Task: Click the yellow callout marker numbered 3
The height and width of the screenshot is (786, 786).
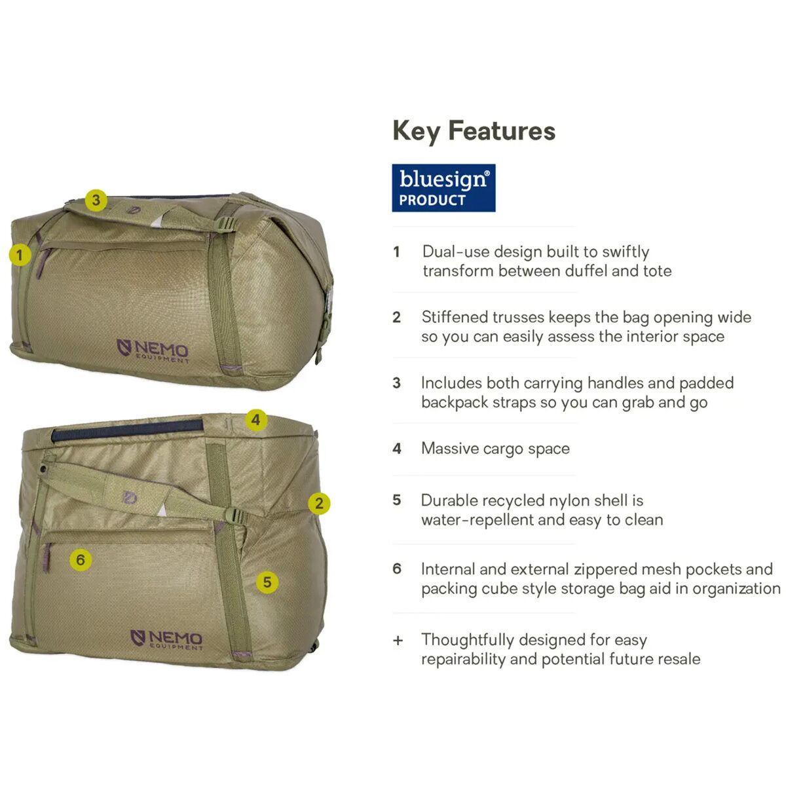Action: click(x=96, y=200)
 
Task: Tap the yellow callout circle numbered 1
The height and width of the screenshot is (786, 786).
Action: click(x=20, y=255)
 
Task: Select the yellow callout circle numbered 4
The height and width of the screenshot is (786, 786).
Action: click(x=255, y=420)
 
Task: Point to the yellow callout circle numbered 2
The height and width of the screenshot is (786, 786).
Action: click(x=319, y=503)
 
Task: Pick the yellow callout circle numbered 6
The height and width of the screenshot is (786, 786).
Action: click(x=81, y=559)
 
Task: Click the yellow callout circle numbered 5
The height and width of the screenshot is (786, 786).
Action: click(x=267, y=582)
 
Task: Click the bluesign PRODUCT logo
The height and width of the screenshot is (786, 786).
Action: click(x=443, y=188)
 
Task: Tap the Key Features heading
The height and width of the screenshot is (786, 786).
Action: click(x=474, y=132)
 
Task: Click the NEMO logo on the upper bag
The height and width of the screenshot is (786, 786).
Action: click(x=153, y=350)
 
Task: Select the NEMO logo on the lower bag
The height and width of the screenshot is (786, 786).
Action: click(x=166, y=639)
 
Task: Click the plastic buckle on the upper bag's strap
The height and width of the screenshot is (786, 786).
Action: click(x=227, y=224)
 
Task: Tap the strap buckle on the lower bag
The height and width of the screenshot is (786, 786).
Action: click(x=237, y=516)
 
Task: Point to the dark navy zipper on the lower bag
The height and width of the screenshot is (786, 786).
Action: click(x=127, y=430)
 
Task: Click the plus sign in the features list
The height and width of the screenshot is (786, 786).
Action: click(x=398, y=641)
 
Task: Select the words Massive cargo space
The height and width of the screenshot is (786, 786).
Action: click(x=495, y=449)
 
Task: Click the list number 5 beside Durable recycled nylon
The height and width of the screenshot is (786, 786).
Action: click(x=397, y=500)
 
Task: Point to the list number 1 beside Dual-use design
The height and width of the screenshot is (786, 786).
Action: click(x=396, y=252)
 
